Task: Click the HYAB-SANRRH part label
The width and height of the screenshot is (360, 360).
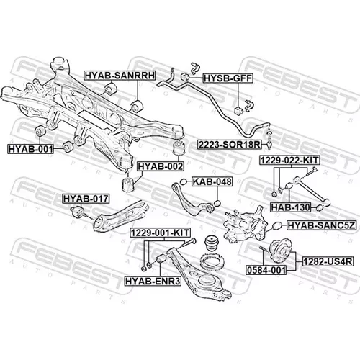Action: click(120, 76)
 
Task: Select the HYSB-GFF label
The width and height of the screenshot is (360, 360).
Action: click(228, 78)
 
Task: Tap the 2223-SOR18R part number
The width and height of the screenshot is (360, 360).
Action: click(229, 145)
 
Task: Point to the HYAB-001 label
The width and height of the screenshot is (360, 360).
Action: click(30, 149)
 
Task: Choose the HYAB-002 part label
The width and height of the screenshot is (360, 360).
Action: click(161, 166)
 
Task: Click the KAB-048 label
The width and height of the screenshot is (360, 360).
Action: click(212, 181)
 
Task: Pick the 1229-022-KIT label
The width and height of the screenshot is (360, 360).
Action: click(289, 160)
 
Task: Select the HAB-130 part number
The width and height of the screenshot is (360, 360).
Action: click(290, 207)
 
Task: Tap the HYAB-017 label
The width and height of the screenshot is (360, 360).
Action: click(86, 199)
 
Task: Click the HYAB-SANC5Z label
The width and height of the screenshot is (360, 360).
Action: click(321, 225)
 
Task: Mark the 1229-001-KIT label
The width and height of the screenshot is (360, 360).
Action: click(161, 233)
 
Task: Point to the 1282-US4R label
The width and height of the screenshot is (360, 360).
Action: click(328, 261)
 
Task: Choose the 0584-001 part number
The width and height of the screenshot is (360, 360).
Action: click(266, 270)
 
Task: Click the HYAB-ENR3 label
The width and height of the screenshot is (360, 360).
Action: click(153, 281)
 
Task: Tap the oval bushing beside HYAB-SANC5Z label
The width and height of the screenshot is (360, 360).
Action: click(277, 225)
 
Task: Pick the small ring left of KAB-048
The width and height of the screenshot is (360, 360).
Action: click(184, 181)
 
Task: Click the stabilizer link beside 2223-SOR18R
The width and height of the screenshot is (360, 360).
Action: click(269, 138)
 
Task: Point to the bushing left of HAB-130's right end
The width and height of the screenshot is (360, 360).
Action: click(288, 186)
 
